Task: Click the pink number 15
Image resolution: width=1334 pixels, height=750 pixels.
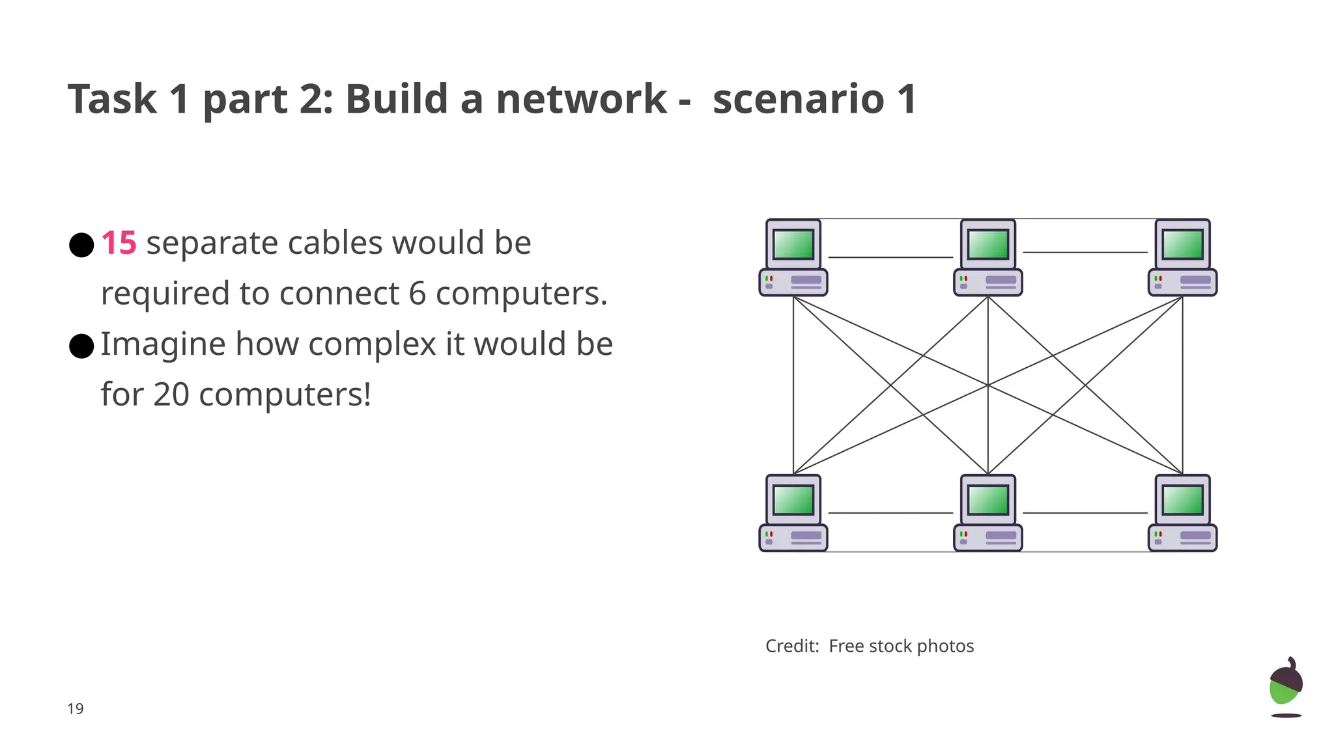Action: [x=119, y=243]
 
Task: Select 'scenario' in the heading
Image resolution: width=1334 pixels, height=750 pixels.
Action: [x=799, y=100]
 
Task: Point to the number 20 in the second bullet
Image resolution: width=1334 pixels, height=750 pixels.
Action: [x=171, y=395]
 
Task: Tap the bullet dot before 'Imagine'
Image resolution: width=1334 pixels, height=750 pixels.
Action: [x=81, y=346]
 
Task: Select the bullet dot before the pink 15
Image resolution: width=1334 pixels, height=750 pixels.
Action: [x=81, y=245]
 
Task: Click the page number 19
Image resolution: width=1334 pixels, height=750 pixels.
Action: [x=76, y=709]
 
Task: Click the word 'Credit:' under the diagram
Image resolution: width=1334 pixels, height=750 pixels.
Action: [x=792, y=646]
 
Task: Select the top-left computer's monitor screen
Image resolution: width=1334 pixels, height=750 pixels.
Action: [x=793, y=245]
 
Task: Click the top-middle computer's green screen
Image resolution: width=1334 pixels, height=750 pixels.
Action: [x=988, y=245]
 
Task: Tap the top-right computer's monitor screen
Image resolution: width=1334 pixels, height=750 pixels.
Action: [x=1182, y=245]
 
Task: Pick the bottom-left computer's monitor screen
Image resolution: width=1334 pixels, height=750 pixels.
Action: [x=793, y=500]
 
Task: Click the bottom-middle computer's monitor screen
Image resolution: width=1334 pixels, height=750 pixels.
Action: [x=988, y=500]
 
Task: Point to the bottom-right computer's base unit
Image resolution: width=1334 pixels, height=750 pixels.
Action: [x=1182, y=538]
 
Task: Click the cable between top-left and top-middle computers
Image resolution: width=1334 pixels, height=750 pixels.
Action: [x=890, y=257]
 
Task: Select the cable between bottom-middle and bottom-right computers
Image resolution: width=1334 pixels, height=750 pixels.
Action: [x=1085, y=513]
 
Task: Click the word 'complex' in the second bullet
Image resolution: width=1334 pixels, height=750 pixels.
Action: [x=372, y=344]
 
